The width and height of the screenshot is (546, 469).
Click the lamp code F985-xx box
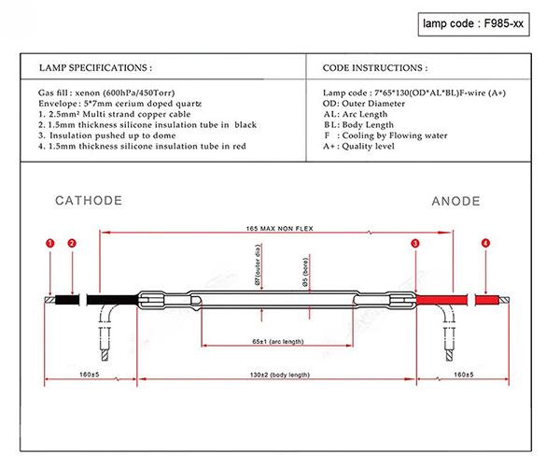pyautogui.click(x=473, y=24)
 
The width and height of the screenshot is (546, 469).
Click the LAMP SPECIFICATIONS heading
pyautogui.click(x=95, y=67)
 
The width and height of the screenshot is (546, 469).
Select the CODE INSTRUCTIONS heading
pyautogui.click(x=375, y=67)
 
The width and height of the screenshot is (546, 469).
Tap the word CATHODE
pyautogui.click(x=89, y=201)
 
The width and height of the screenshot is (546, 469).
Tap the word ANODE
pyautogui.click(x=455, y=201)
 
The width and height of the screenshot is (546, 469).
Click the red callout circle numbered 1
pyautogui.click(x=50, y=243)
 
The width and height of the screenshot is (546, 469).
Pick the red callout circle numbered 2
pyautogui.click(x=72, y=243)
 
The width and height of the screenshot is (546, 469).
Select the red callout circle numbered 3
pyautogui.click(x=415, y=243)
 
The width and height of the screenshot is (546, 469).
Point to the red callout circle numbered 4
pyautogui.click(x=485, y=243)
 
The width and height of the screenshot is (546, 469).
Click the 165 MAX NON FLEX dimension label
pyautogui.click(x=280, y=229)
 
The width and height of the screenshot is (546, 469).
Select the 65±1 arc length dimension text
pyautogui.click(x=278, y=341)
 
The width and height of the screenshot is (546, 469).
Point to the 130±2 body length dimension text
pyautogui.click(x=280, y=375)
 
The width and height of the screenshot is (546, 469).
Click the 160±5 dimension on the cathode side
pyautogui.click(x=90, y=375)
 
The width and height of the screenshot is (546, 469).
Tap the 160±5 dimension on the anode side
pyautogui.click(x=464, y=375)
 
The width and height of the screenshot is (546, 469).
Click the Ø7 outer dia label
pyautogui.click(x=258, y=265)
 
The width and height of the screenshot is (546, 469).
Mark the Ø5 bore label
pyautogui.click(x=305, y=273)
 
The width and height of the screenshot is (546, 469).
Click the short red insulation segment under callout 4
pyautogui.click(x=487, y=300)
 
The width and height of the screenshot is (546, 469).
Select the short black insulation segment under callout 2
pyautogui.click(x=67, y=300)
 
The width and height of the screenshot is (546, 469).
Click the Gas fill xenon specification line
pyautogui.click(x=106, y=93)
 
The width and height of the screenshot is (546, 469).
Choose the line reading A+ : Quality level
pyautogui.click(x=358, y=146)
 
